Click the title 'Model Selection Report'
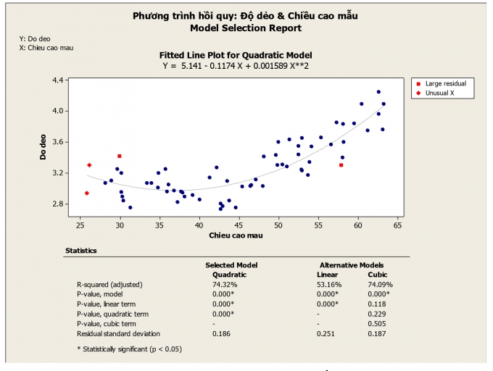tap(245, 28)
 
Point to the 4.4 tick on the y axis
tap(57, 80)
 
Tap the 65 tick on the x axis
tap(398, 226)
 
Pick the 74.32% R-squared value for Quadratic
tap(225, 284)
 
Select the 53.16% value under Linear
tap(329, 284)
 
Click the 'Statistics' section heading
tap(80, 251)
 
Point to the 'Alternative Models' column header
tap(352, 265)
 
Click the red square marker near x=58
tap(341, 165)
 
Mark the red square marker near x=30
tap(120, 156)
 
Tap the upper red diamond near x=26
tap(89, 165)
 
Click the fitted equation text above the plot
tap(236, 65)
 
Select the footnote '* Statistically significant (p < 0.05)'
tap(129, 349)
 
